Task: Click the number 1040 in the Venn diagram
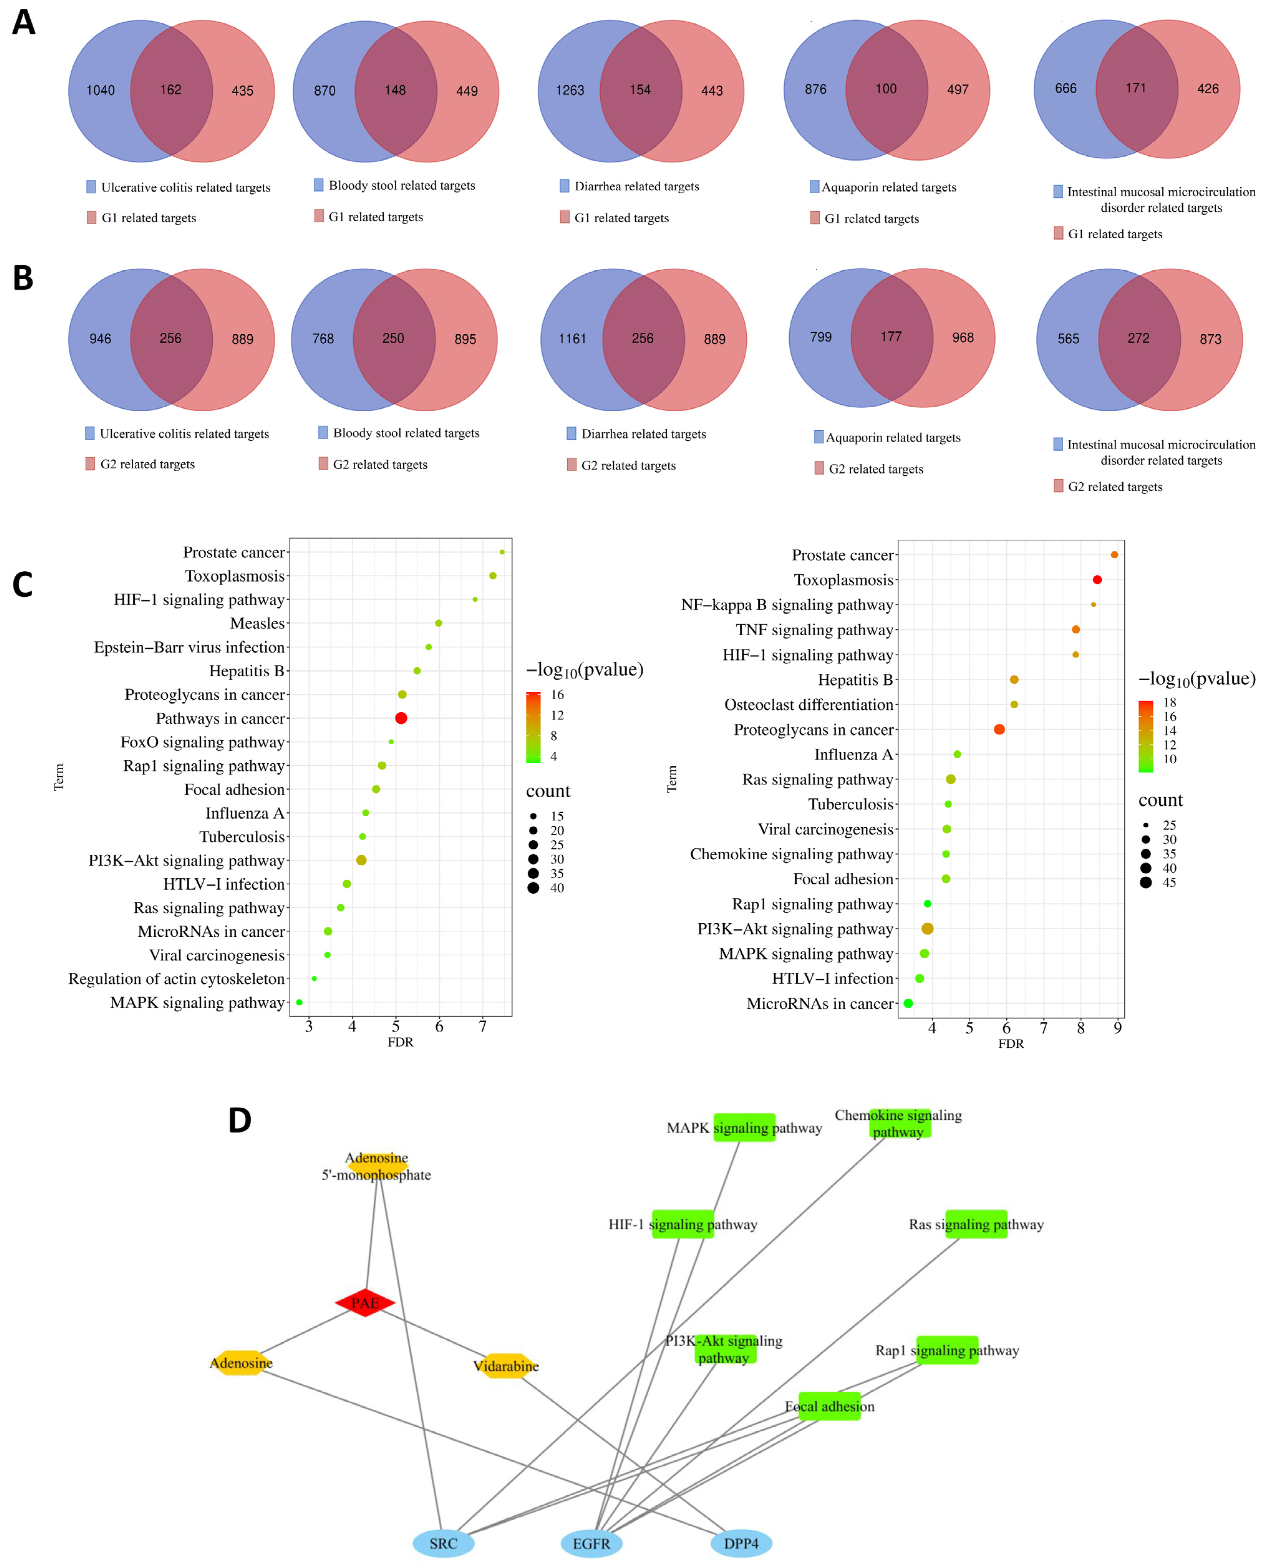click(x=100, y=90)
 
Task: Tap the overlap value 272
click(x=1138, y=339)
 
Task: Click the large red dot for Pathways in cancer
click(x=401, y=718)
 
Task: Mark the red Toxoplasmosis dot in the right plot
click(x=1097, y=580)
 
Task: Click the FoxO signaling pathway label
click(x=202, y=742)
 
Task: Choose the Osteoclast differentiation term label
click(x=809, y=705)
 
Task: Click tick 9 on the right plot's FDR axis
click(x=1118, y=1028)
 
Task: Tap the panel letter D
click(x=240, y=1121)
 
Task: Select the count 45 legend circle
click(x=1146, y=882)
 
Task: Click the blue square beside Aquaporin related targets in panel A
click(x=815, y=187)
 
